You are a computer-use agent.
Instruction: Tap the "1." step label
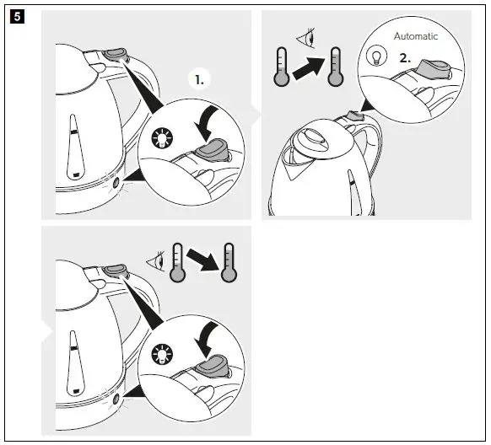click(x=200, y=81)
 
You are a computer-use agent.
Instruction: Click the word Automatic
click(x=416, y=37)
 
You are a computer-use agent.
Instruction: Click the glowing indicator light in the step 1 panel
click(x=116, y=180)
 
